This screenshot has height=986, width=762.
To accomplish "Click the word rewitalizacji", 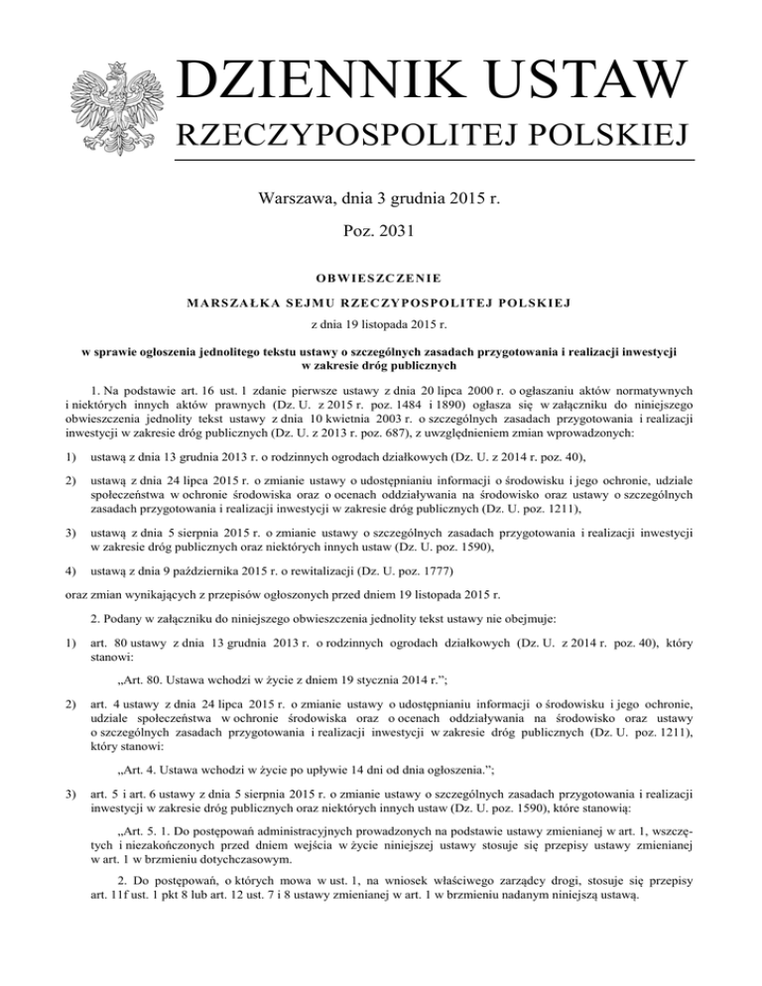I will pos(284,572).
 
